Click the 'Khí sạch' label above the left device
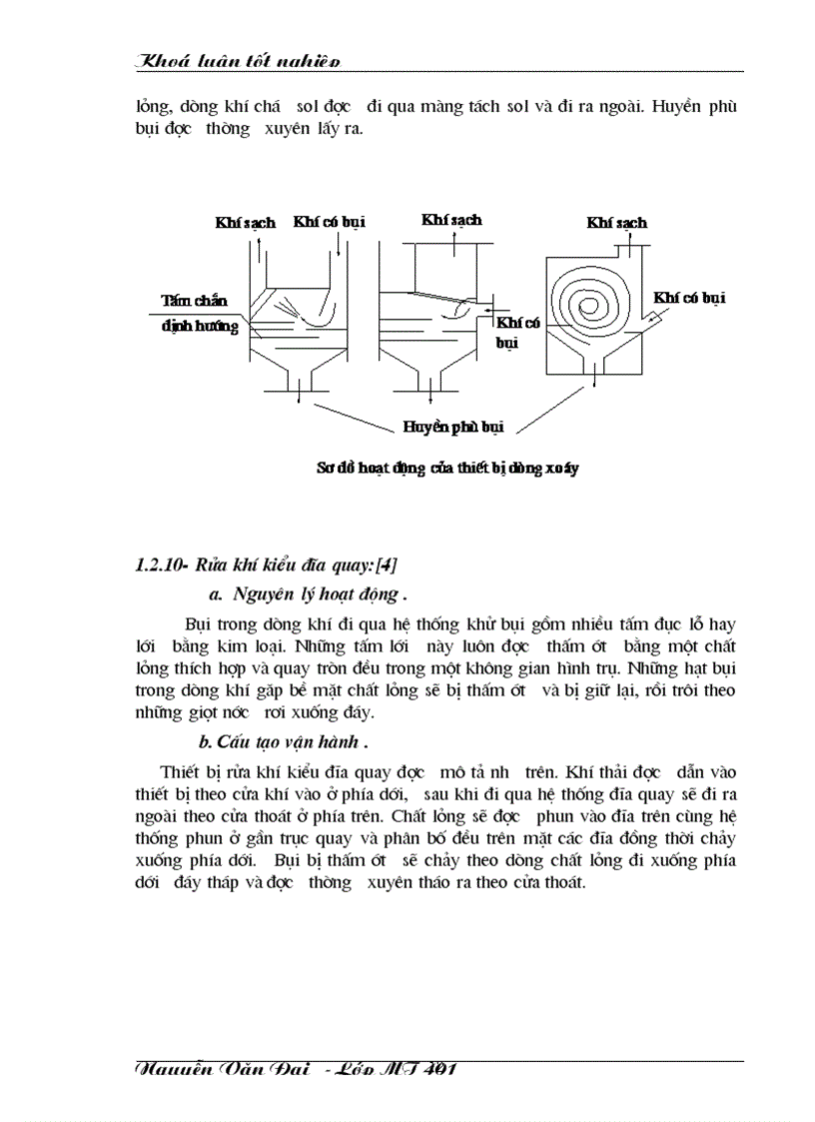(245, 222)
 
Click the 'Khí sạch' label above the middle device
(450, 219)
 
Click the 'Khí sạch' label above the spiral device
(616, 222)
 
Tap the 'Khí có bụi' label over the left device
(329, 222)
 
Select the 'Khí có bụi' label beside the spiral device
(689, 297)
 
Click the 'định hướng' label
(200, 326)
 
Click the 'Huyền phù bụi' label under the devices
(452, 426)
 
